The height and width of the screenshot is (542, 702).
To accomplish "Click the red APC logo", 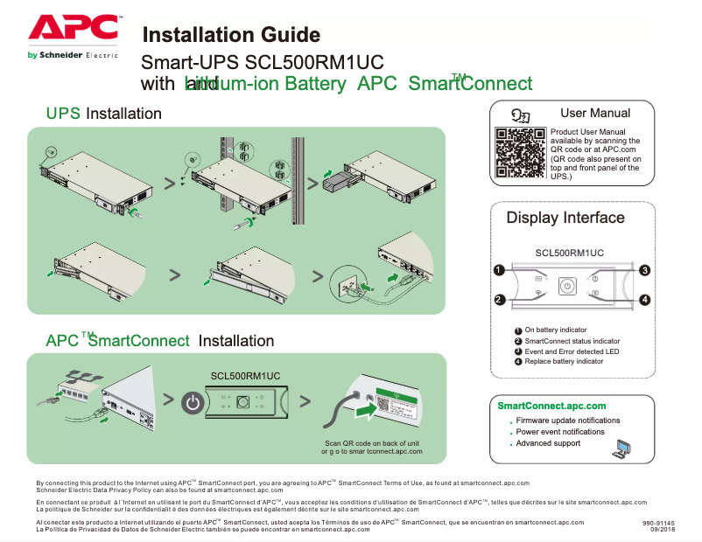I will [x=74, y=27].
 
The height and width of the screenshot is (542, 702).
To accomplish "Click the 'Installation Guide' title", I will [x=231, y=35].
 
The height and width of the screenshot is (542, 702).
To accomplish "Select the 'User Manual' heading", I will [x=595, y=113].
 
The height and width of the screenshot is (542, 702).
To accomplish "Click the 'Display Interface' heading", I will [x=565, y=218].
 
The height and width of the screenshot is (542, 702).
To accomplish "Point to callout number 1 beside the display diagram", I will [x=498, y=270].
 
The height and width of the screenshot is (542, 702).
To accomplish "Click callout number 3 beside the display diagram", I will [x=644, y=270].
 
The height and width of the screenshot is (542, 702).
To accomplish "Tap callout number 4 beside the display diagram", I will [x=644, y=300].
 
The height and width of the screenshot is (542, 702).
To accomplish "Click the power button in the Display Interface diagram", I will [x=566, y=285].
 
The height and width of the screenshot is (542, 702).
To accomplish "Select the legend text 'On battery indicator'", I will [x=555, y=330].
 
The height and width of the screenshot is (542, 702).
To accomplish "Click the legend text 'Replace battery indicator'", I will [x=564, y=361].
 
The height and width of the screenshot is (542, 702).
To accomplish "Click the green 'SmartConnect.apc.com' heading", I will [x=551, y=406].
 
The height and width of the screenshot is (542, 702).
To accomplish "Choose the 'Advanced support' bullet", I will [x=548, y=443].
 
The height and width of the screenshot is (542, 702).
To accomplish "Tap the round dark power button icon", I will [x=193, y=403].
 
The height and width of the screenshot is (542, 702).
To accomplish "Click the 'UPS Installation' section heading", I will [x=103, y=114].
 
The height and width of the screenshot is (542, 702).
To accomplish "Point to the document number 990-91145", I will [x=657, y=522].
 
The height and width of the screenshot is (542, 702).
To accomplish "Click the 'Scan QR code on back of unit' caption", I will [x=372, y=443].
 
